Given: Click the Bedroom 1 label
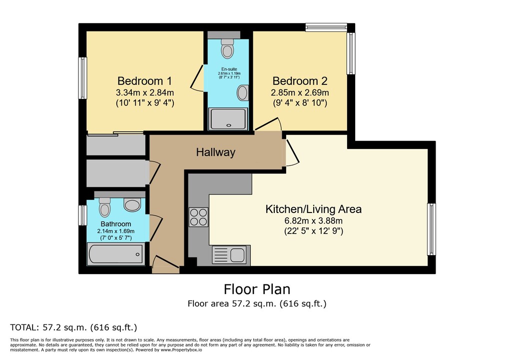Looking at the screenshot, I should tap(144, 81).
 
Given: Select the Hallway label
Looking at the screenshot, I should tap(215, 152).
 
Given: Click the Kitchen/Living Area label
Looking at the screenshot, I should tap(313, 209).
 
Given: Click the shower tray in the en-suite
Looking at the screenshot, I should tap(228, 118).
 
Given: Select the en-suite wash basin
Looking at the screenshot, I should tap(242, 93).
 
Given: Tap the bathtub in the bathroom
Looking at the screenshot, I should tap(115, 254).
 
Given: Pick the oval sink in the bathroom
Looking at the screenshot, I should tap(132, 205).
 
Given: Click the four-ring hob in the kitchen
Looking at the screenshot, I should tap(198, 217).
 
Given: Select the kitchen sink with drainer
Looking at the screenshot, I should tap(230, 255).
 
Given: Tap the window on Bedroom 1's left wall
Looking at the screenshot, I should tap(82, 78).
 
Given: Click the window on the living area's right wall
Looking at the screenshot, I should tap(431, 229).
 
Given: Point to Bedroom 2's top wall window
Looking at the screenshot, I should tap(326, 27).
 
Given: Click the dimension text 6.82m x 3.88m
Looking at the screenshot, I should tap(313, 220).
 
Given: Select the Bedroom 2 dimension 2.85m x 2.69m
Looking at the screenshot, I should tap(300, 92).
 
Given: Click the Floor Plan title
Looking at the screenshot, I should tap(257, 289).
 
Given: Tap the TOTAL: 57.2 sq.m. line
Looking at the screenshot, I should tap(73, 327).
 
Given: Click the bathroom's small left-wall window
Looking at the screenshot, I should tap(82, 215).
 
